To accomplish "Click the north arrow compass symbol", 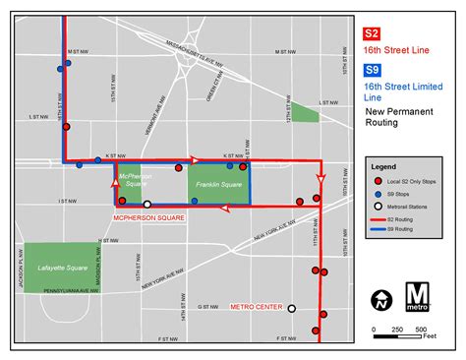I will pos(381,299).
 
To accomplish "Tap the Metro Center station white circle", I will pos(291,308).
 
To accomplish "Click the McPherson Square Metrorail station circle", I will pos(147,205).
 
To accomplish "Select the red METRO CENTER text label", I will pos(256,307).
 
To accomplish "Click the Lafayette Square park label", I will pos(57,266).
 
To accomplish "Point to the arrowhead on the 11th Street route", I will pos(320,179).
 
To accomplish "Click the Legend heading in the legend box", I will pos(385,167).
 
